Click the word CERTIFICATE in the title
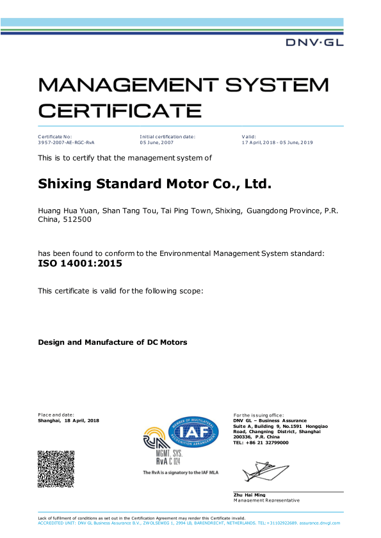coord(120,110)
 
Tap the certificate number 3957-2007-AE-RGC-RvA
coord(66,141)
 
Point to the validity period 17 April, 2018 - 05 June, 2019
coord(277,141)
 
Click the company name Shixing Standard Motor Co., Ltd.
coord(156,184)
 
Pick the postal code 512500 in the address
coord(77,219)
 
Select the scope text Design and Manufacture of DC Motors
coord(113,342)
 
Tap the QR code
coord(56,469)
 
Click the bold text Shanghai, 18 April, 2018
coord(69,420)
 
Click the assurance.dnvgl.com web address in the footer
coord(320,523)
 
